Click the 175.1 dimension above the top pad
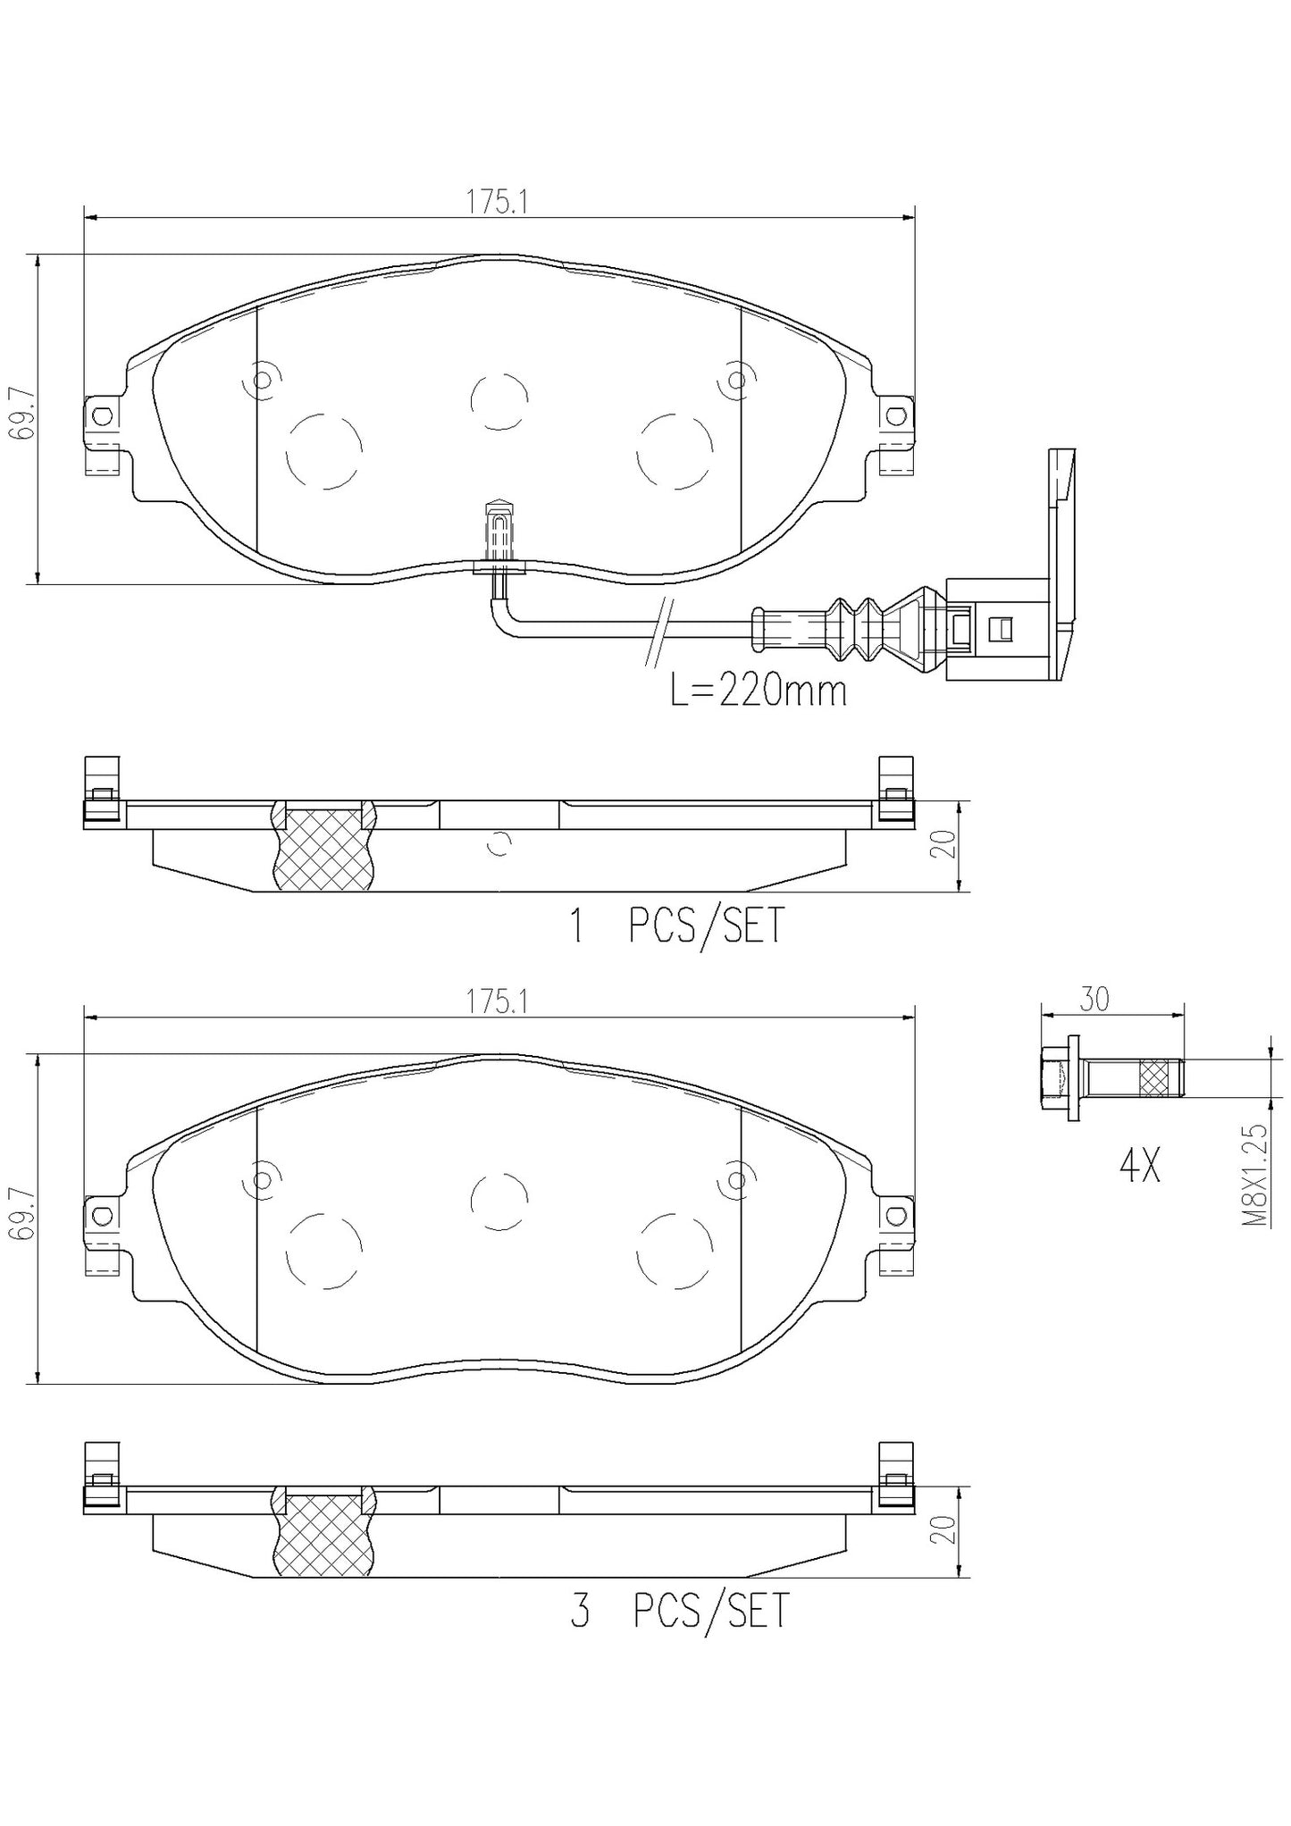(498, 204)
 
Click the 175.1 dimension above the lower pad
(498, 1002)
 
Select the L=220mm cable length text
(758, 691)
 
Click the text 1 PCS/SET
(677, 926)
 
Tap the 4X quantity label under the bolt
(1139, 1166)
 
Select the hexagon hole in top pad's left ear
(103, 415)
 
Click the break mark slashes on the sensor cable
(659, 632)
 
